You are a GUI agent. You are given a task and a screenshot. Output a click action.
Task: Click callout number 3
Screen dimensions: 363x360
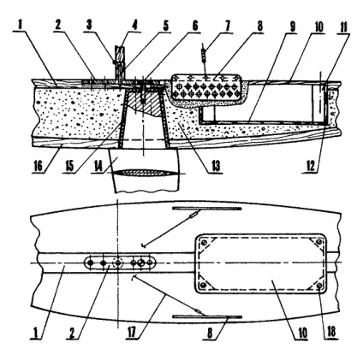pos(89,26)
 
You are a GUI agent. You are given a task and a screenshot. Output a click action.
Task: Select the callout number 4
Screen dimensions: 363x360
pos(134,26)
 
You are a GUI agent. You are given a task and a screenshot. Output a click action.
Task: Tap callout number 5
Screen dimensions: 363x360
pos(165,26)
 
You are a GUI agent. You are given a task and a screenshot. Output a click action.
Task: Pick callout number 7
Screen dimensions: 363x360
pos(227,26)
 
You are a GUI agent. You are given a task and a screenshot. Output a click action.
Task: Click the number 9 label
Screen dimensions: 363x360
pos(292,27)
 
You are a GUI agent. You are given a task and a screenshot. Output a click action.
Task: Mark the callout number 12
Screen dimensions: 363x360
pos(311,166)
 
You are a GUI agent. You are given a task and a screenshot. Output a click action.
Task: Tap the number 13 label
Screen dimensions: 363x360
pos(216,166)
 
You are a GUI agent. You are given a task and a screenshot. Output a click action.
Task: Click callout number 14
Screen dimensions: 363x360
pos(98,166)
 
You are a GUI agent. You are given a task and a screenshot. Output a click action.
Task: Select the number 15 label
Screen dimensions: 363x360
pos(69,166)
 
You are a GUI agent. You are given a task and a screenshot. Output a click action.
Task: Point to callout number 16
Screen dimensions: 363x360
pos(39,166)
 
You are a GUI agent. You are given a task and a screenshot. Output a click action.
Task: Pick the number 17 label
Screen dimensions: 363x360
pos(133,333)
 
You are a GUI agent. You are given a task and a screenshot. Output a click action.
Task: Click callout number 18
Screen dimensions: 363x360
pos(331,333)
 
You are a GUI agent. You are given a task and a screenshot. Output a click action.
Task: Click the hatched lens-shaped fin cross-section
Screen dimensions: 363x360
pos(146,173)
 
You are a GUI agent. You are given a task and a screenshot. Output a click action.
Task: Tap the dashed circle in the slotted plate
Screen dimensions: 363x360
pos(117,263)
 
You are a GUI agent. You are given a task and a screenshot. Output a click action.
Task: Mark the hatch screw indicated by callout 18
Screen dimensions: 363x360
pos(319,286)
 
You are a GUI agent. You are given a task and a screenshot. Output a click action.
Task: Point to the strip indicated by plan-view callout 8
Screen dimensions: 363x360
pos(207,316)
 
